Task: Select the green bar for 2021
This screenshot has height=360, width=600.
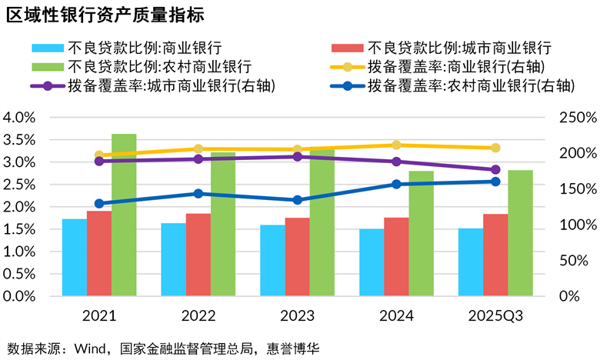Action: point(124,215)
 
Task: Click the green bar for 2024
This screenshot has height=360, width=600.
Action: point(421,233)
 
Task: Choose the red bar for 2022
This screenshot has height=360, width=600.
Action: point(198,255)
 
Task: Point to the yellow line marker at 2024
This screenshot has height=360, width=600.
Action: point(396,145)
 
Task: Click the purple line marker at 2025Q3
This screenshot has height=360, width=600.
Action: point(495,170)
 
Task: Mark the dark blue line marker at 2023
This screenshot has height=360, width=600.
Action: point(297,200)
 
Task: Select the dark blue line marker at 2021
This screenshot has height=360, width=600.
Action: point(98,203)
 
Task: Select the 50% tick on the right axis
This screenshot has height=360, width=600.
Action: point(578,261)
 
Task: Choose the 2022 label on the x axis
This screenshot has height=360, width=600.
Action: point(198,316)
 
